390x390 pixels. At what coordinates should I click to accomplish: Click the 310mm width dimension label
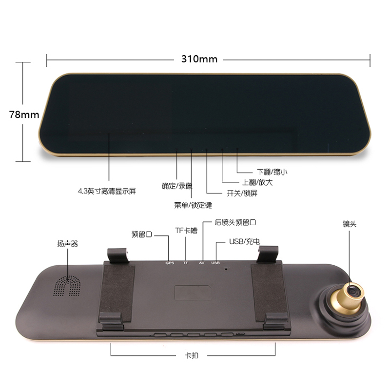click(199, 59)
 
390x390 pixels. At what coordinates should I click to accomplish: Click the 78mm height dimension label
click(24, 115)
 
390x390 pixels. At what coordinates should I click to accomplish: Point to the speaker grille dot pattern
click(67, 286)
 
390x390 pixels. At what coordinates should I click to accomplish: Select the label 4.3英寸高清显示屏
click(107, 191)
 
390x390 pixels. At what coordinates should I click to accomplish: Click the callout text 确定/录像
click(177, 186)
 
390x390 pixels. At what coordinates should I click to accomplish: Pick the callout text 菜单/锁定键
click(193, 205)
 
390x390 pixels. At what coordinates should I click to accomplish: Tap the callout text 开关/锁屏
click(242, 193)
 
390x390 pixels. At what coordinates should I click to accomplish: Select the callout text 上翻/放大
click(257, 182)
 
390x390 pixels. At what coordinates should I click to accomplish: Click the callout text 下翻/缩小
click(272, 172)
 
